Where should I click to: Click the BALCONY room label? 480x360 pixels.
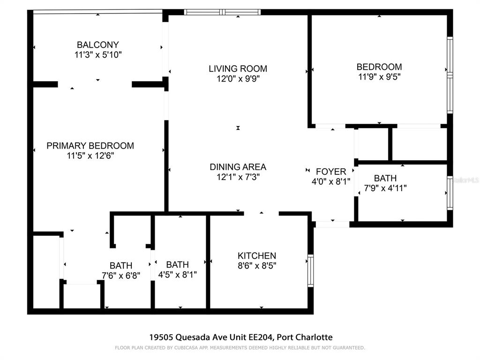(98, 45)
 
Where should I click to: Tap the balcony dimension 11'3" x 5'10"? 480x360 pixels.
(98, 55)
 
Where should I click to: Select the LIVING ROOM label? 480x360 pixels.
(238, 69)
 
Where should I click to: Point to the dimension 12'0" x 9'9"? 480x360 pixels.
(238, 79)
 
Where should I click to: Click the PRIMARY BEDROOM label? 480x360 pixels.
(90, 146)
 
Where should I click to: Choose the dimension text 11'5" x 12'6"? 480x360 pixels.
(90, 156)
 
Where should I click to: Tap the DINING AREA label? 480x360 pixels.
(238, 167)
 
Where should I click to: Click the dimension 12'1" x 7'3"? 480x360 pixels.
(238, 177)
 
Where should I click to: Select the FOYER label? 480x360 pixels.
(331, 172)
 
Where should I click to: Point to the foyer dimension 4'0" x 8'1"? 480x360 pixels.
(331, 181)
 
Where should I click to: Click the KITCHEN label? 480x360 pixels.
(257, 256)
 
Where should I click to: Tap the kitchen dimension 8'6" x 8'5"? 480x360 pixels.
(257, 266)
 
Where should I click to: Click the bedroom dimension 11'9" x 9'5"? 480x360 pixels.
(379, 76)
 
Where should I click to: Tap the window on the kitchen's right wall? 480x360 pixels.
(310, 270)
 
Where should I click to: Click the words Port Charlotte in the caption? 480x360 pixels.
(305, 337)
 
